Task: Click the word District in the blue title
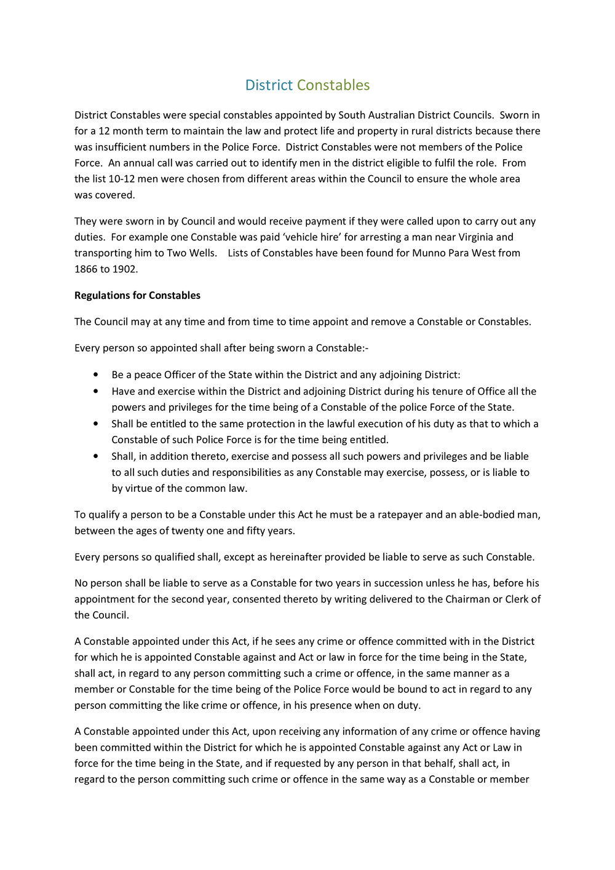coord(269,85)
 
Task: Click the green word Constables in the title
coord(333,85)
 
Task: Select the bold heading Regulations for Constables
coord(137,295)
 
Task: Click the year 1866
coord(86,269)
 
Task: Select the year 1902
coord(125,269)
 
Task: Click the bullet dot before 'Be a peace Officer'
coord(95,374)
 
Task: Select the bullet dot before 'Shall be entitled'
coord(95,424)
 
